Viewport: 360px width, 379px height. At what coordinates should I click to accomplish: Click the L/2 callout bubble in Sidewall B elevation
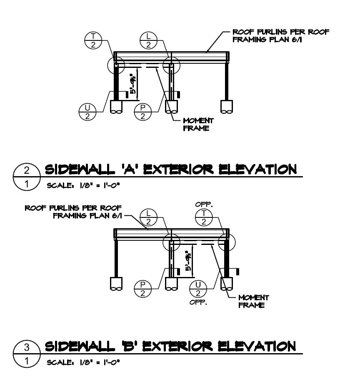coord(148,217)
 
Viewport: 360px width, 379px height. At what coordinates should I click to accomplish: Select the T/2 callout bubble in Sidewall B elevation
coord(204,217)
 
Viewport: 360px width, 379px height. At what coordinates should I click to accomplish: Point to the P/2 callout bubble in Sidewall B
coord(143,289)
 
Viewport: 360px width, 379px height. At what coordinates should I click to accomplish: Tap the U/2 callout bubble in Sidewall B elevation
coord(198,289)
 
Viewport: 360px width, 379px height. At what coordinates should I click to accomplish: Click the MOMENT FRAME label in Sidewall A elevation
coord(198,125)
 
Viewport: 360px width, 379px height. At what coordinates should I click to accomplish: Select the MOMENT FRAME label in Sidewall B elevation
coord(253,302)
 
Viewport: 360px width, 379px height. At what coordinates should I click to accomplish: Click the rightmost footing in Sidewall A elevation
coord(226,107)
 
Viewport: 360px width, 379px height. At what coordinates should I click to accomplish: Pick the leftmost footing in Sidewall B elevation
coord(116,284)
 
